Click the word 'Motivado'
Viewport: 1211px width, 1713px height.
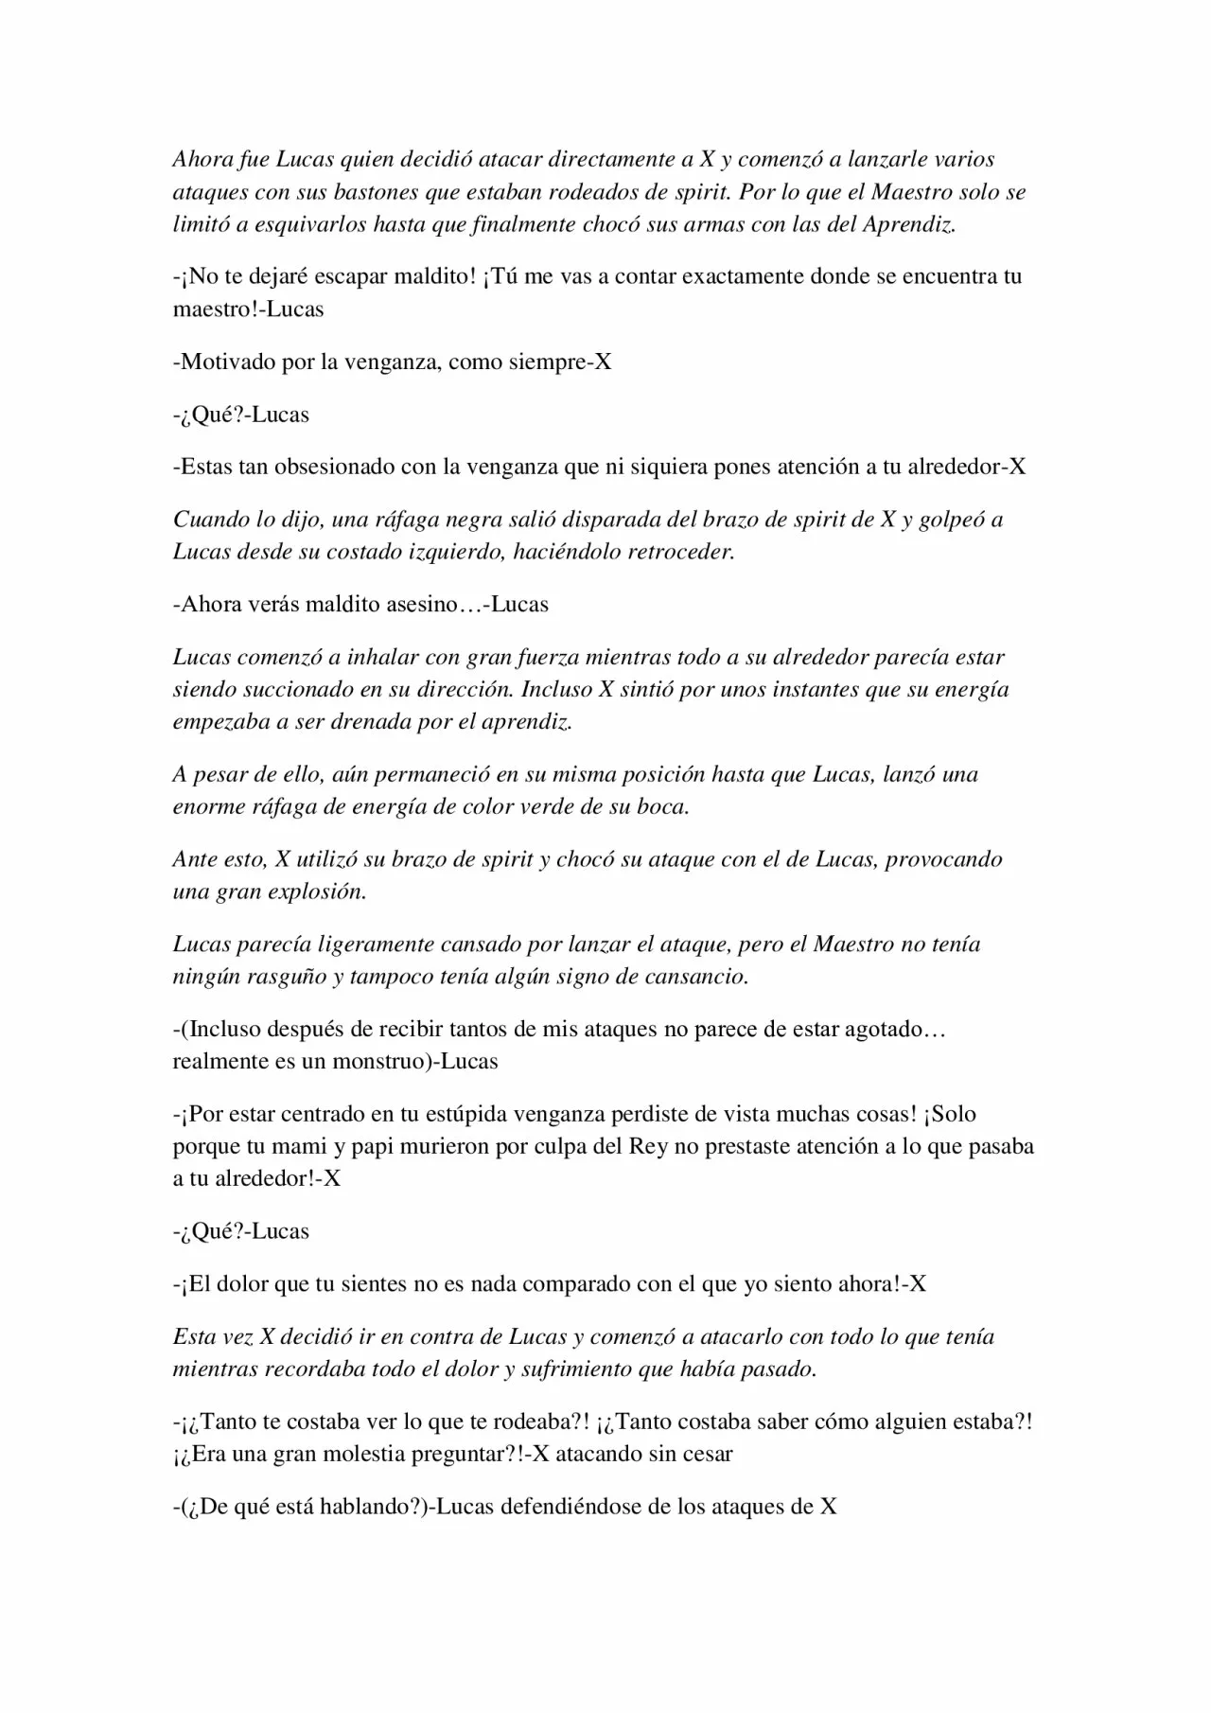click(x=229, y=362)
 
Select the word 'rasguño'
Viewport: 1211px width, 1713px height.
click(x=282, y=976)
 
